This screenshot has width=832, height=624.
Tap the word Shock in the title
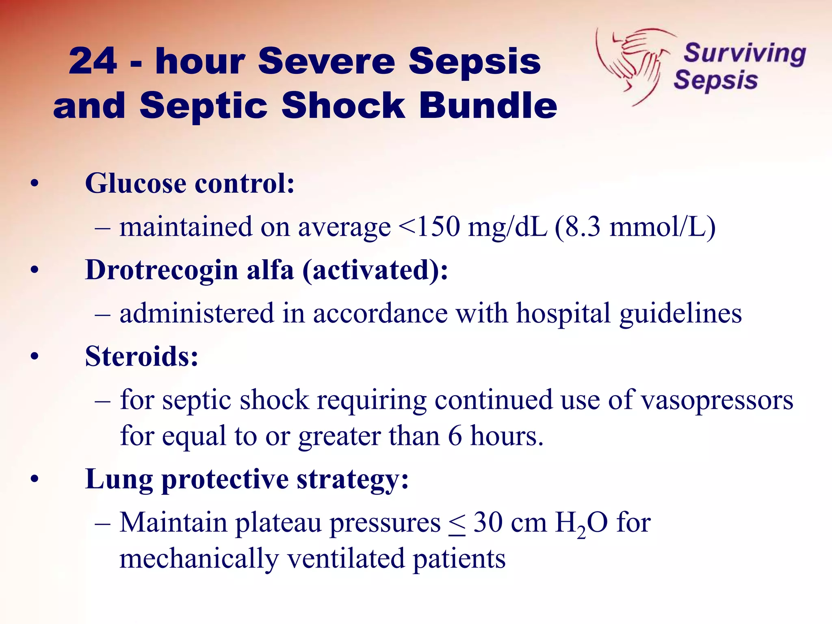[343, 106]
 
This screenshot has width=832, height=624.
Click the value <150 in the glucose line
[429, 227]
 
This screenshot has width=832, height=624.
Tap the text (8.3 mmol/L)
[635, 227]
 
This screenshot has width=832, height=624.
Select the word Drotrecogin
[161, 271]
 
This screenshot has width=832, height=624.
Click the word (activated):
[375, 271]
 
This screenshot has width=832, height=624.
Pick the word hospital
[563, 314]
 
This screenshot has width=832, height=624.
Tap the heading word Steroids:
[141, 357]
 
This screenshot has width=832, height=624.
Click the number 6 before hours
[455, 436]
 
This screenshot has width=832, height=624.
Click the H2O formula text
[581, 523]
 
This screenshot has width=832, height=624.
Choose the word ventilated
[346, 559]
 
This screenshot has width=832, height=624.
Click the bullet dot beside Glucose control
[35, 184]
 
